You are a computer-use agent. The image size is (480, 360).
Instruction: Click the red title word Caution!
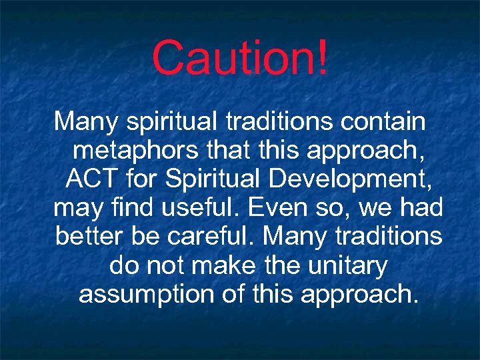[x=239, y=58]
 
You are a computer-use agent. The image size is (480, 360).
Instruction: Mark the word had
[x=422, y=208]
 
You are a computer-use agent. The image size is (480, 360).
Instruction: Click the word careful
[x=210, y=237]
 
